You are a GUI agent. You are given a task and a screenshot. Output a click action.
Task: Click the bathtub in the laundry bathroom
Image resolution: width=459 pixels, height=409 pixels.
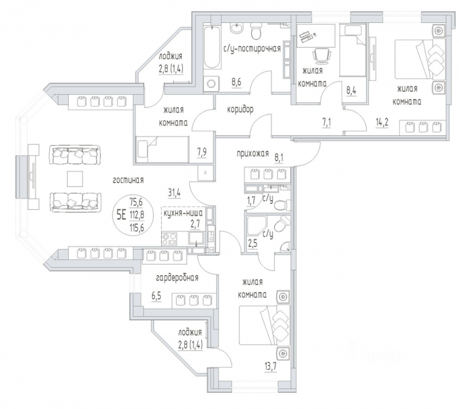click(211, 47)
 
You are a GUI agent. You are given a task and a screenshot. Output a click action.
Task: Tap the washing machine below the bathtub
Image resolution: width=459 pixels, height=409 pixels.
click(211, 84)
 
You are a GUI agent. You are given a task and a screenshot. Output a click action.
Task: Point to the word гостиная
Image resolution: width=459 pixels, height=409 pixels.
click(128, 180)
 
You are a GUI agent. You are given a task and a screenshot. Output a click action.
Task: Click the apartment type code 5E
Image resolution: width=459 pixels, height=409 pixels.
click(121, 216)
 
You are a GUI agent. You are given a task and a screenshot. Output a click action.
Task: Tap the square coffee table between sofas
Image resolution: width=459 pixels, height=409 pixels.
click(75, 179)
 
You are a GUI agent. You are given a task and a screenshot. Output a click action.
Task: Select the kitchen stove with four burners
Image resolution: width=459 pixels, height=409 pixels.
click(169, 239)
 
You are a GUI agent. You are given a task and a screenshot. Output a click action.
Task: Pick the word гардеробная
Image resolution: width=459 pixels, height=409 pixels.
click(177, 277)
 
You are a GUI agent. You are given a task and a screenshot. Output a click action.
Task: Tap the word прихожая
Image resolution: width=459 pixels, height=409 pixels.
click(252, 153)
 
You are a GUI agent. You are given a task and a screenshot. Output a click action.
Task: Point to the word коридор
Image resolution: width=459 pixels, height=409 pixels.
click(240, 110)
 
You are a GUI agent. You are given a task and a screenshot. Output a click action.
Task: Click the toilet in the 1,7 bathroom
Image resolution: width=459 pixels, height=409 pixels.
click(282, 204)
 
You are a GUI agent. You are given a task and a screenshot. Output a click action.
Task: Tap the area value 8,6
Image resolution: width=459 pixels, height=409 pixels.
click(236, 82)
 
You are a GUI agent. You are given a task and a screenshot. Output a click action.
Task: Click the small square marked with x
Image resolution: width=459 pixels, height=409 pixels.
click(205, 173)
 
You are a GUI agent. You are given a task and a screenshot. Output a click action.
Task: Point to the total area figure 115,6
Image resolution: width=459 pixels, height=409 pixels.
click(137, 227)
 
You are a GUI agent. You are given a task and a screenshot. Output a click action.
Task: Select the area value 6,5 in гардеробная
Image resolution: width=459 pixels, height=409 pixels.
click(156, 297)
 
